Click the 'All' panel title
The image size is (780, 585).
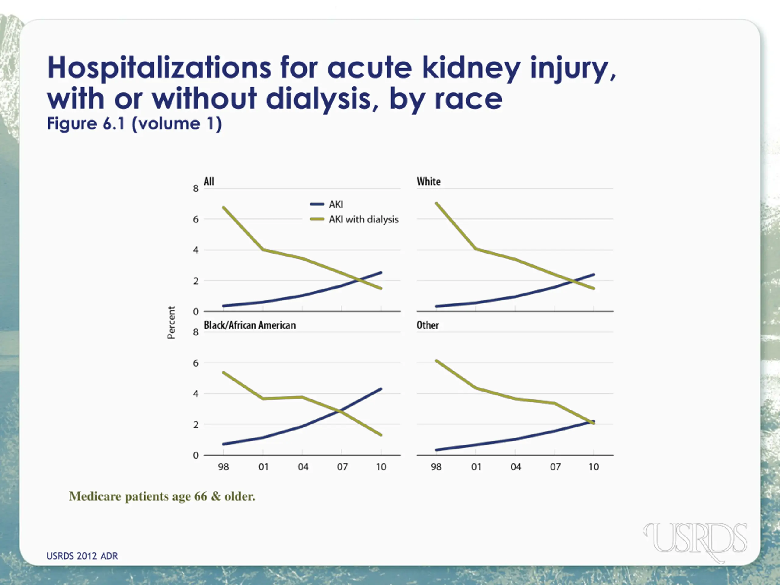tap(209, 182)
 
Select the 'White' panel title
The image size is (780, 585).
tap(428, 182)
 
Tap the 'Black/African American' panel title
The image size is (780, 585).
tap(250, 325)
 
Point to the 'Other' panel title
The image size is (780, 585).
tap(428, 325)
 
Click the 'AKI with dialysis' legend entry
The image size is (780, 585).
tap(363, 219)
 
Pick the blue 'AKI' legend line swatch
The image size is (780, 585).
tap(317, 204)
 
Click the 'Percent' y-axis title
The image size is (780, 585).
tap(171, 322)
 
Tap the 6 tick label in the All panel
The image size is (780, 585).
tap(196, 219)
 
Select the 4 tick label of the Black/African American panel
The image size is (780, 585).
tap(196, 394)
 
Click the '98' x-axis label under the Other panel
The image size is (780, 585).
tap(436, 467)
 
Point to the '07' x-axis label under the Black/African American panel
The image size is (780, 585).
tap(342, 467)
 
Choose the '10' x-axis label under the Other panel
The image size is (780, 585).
tap(594, 467)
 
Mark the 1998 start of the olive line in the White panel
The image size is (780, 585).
tap(437, 204)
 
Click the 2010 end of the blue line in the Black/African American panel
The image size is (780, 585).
tap(381, 389)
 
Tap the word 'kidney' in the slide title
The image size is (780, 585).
tap(471, 68)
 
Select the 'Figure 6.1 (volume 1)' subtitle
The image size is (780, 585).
tap(134, 124)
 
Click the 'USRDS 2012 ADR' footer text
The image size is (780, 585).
tap(82, 556)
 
